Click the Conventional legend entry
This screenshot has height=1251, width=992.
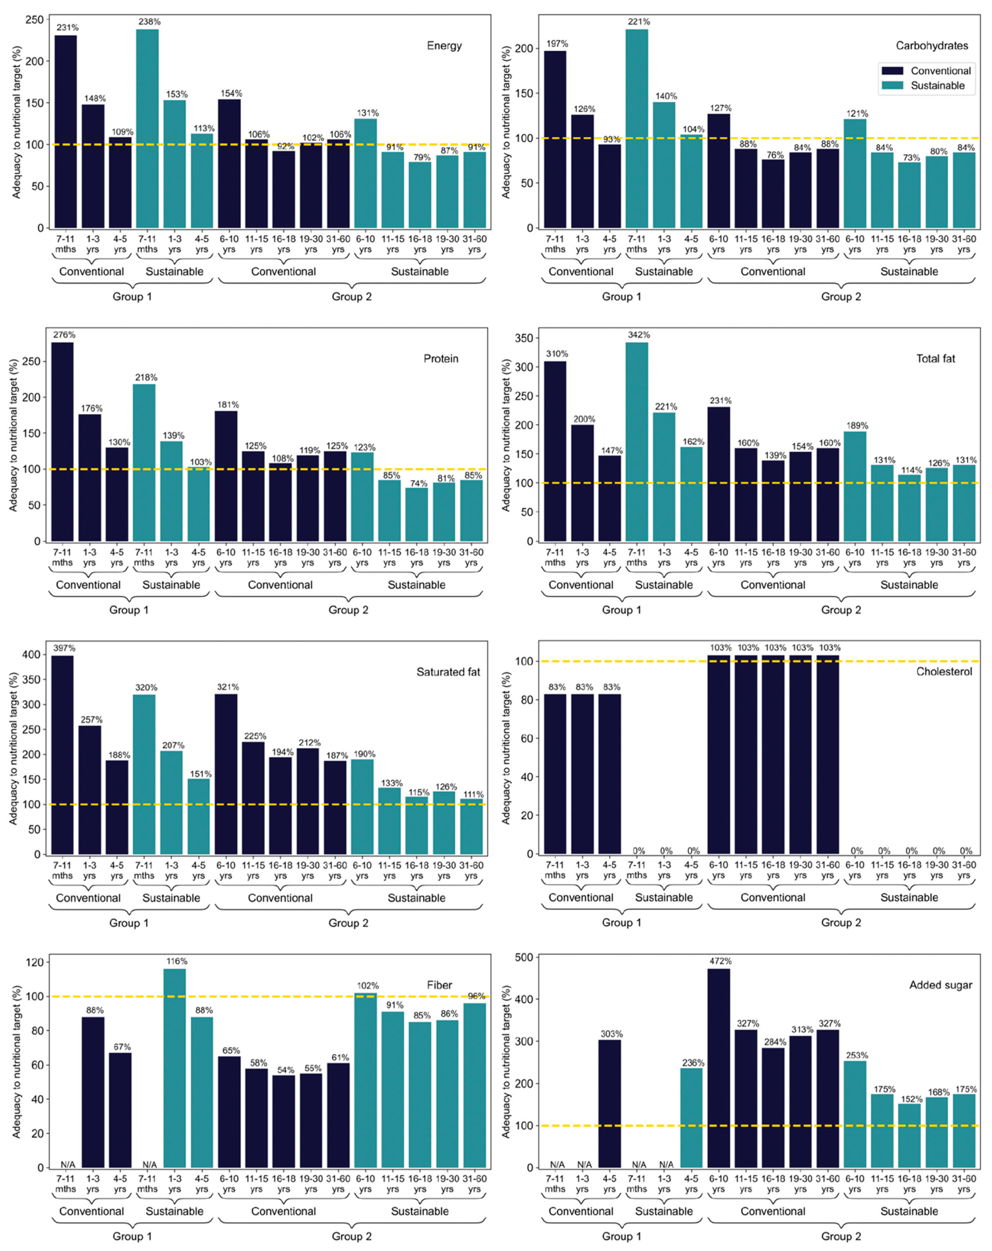pos(940,71)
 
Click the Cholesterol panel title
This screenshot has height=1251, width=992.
pos(944,672)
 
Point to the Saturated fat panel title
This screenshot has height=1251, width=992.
pos(448,672)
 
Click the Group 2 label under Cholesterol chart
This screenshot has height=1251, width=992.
pos(841,923)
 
